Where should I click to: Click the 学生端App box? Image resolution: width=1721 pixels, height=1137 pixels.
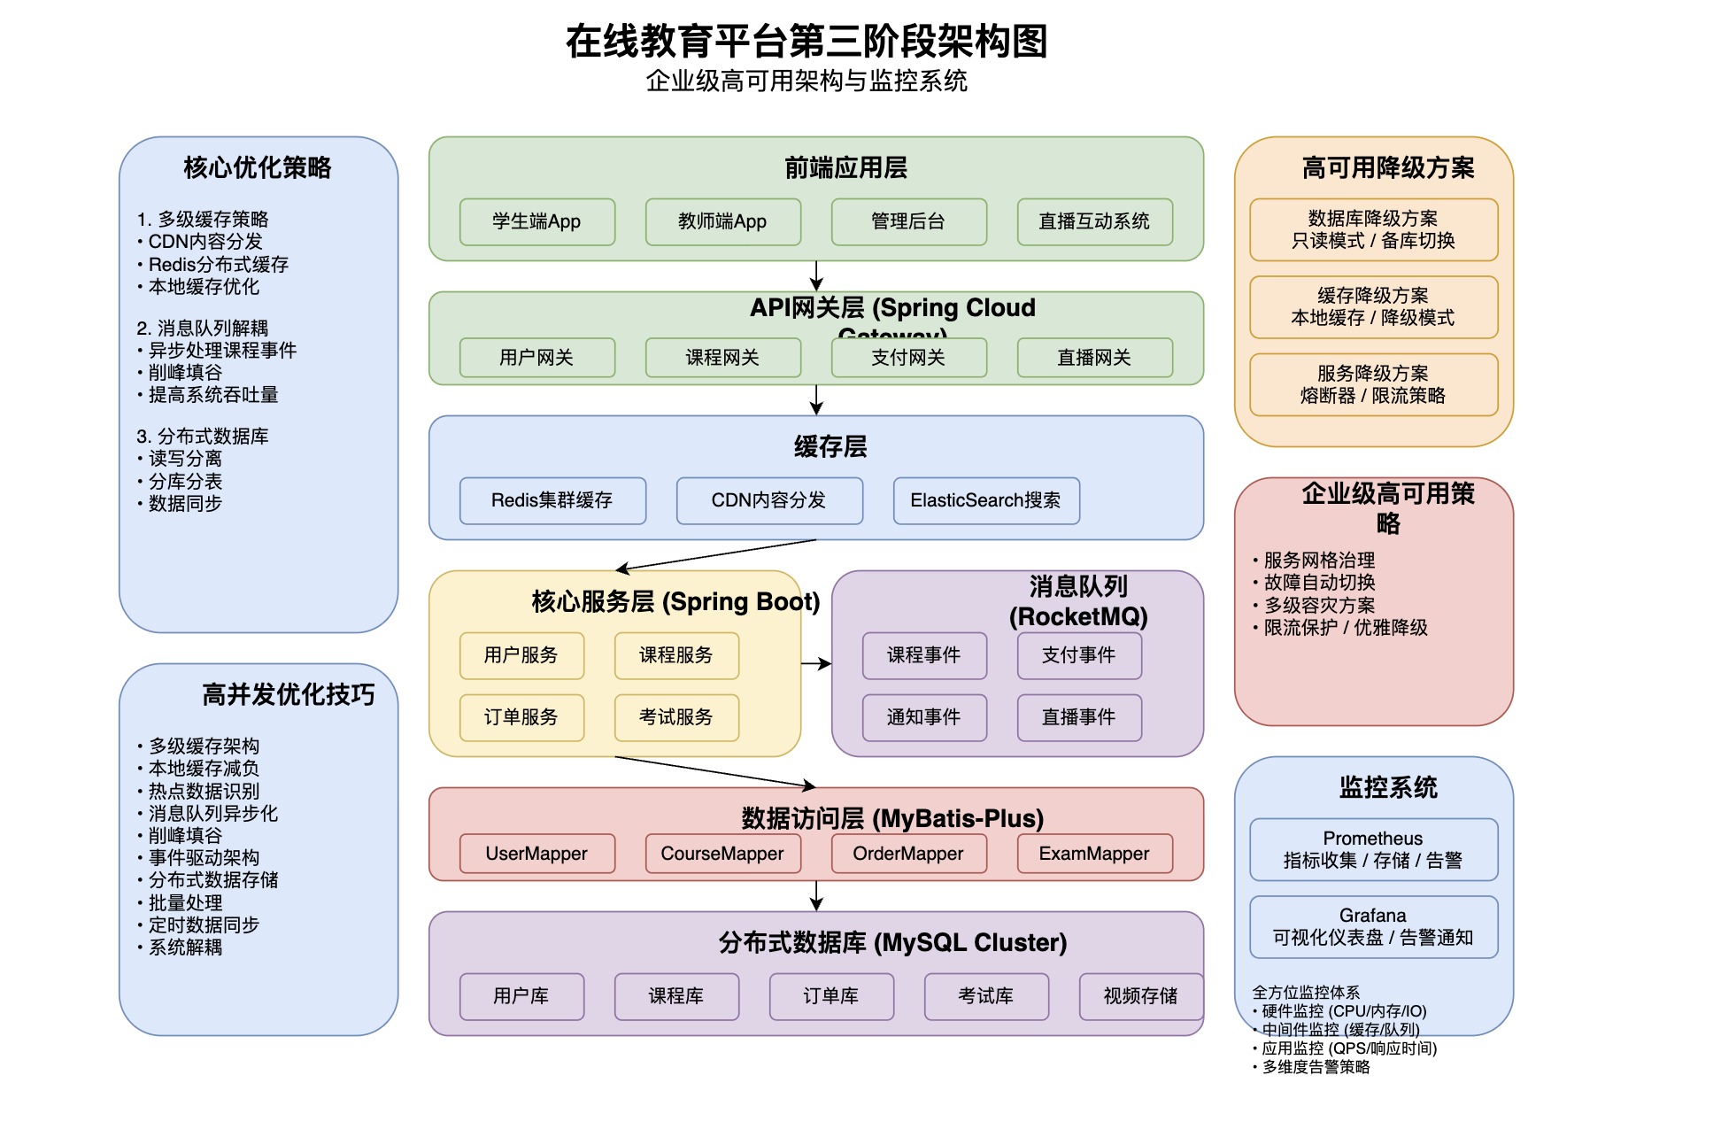click(x=536, y=221)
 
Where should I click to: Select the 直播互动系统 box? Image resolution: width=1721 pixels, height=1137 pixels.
click(x=1094, y=221)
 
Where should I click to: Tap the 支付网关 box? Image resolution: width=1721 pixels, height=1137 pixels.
click(x=908, y=358)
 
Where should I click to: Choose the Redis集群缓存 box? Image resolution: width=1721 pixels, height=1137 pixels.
click(x=552, y=500)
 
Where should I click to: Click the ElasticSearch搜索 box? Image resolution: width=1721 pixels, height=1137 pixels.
click(x=986, y=500)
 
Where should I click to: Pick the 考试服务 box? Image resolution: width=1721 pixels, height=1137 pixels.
click(x=676, y=717)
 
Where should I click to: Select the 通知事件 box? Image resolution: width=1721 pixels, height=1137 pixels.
click(x=924, y=717)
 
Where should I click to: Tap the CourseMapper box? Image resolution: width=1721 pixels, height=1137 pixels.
click(x=722, y=854)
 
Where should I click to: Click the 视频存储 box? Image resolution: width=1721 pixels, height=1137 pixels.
click(x=1140, y=996)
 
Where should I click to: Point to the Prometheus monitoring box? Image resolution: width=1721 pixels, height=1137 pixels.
click(x=1373, y=849)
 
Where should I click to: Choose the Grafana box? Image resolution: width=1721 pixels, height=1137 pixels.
click(x=1373, y=926)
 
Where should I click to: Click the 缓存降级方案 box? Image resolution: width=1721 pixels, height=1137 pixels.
click(x=1373, y=306)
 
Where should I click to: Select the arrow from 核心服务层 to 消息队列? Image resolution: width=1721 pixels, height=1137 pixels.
click(x=815, y=663)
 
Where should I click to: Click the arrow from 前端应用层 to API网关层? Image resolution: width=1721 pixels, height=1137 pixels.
click(x=816, y=275)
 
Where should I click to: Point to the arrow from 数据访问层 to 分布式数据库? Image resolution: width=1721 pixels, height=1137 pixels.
click(x=816, y=895)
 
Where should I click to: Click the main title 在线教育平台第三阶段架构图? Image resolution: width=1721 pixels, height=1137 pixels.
click(x=806, y=42)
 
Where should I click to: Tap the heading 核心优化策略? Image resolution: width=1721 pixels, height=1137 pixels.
click(x=258, y=167)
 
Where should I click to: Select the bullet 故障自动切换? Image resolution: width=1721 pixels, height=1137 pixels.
click(x=1319, y=583)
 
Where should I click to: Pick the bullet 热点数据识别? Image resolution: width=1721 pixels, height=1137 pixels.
click(x=204, y=791)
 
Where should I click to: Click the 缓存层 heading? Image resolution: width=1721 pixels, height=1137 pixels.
click(x=830, y=447)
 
